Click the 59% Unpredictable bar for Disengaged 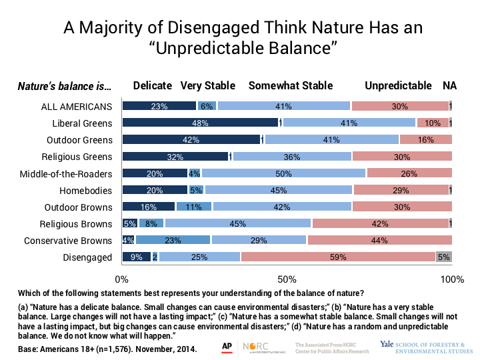pyautogui.click(x=338, y=257)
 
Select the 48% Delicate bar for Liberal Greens pyautogui.click(x=200, y=123)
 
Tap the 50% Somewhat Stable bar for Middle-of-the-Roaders pyautogui.click(x=284, y=173)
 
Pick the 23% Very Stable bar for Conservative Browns pyautogui.click(x=173, y=240)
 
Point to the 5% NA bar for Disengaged pyautogui.click(x=444, y=257)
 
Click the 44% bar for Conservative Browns pyautogui.click(x=379, y=240)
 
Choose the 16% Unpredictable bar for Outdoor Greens pyautogui.click(x=426, y=139)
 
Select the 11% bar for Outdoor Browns pyautogui.click(x=194, y=207)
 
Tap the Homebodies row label pyautogui.click(x=89, y=190)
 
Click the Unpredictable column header pyautogui.click(x=398, y=86)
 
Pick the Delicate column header pyautogui.click(x=153, y=86)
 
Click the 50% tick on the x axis pyautogui.click(x=287, y=277)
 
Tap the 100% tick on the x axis pyautogui.click(x=452, y=277)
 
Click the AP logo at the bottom pyautogui.click(x=227, y=346)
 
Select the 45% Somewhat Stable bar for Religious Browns pyautogui.click(x=237, y=223)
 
